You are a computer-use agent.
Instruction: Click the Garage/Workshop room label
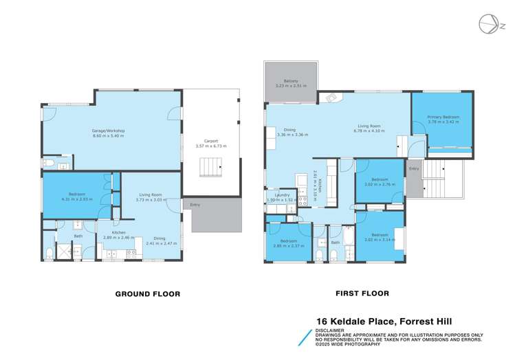point(108,132)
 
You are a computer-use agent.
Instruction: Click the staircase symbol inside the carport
point(211,166)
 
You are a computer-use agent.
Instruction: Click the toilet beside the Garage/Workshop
point(48,164)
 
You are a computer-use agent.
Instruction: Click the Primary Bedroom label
point(443,120)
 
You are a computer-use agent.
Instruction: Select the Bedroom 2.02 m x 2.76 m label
point(380,182)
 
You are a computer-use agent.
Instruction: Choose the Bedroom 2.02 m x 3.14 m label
point(380,237)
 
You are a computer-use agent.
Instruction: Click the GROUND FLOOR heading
point(147,294)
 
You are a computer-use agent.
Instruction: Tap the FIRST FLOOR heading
point(362,293)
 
